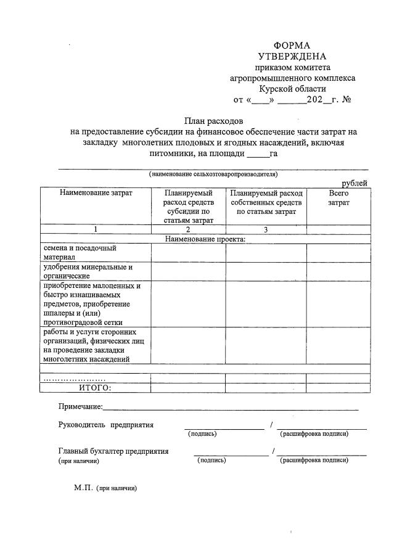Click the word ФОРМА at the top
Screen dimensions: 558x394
pyautogui.click(x=292, y=46)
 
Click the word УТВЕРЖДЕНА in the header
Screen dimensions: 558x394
pyautogui.click(x=292, y=57)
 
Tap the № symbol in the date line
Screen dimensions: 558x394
pyautogui.click(x=347, y=99)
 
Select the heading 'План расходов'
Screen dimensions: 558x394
pyautogui.click(x=214, y=121)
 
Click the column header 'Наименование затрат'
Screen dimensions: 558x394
pyautogui.click(x=96, y=193)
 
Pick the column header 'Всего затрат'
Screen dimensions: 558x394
pyautogui.click(x=339, y=197)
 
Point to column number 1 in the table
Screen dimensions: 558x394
pyautogui.click(x=96, y=229)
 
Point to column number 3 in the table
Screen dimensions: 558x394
pyautogui.click(x=266, y=229)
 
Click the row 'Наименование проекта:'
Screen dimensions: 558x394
pyautogui.click(x=205, y=239)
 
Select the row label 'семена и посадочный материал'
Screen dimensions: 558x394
pyautogui.click(x=71, y=252)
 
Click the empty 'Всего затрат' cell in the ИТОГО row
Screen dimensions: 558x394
pyautogui.click(x=339, y=387)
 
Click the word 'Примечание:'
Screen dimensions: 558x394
pyautogui.click(x=81, y=406)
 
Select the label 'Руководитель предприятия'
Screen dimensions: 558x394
pyautogui.click(x=106, y=424)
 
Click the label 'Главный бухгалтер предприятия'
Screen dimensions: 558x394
pyautogui.click(x=113, y=451)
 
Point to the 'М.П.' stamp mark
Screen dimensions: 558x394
pyautogui.click(x=83, y=487)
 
